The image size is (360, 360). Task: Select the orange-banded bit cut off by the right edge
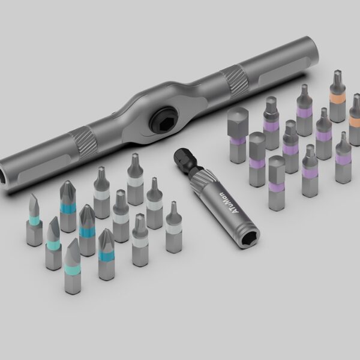coord(355,114)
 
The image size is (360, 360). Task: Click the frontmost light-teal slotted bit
coord(74,267)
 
